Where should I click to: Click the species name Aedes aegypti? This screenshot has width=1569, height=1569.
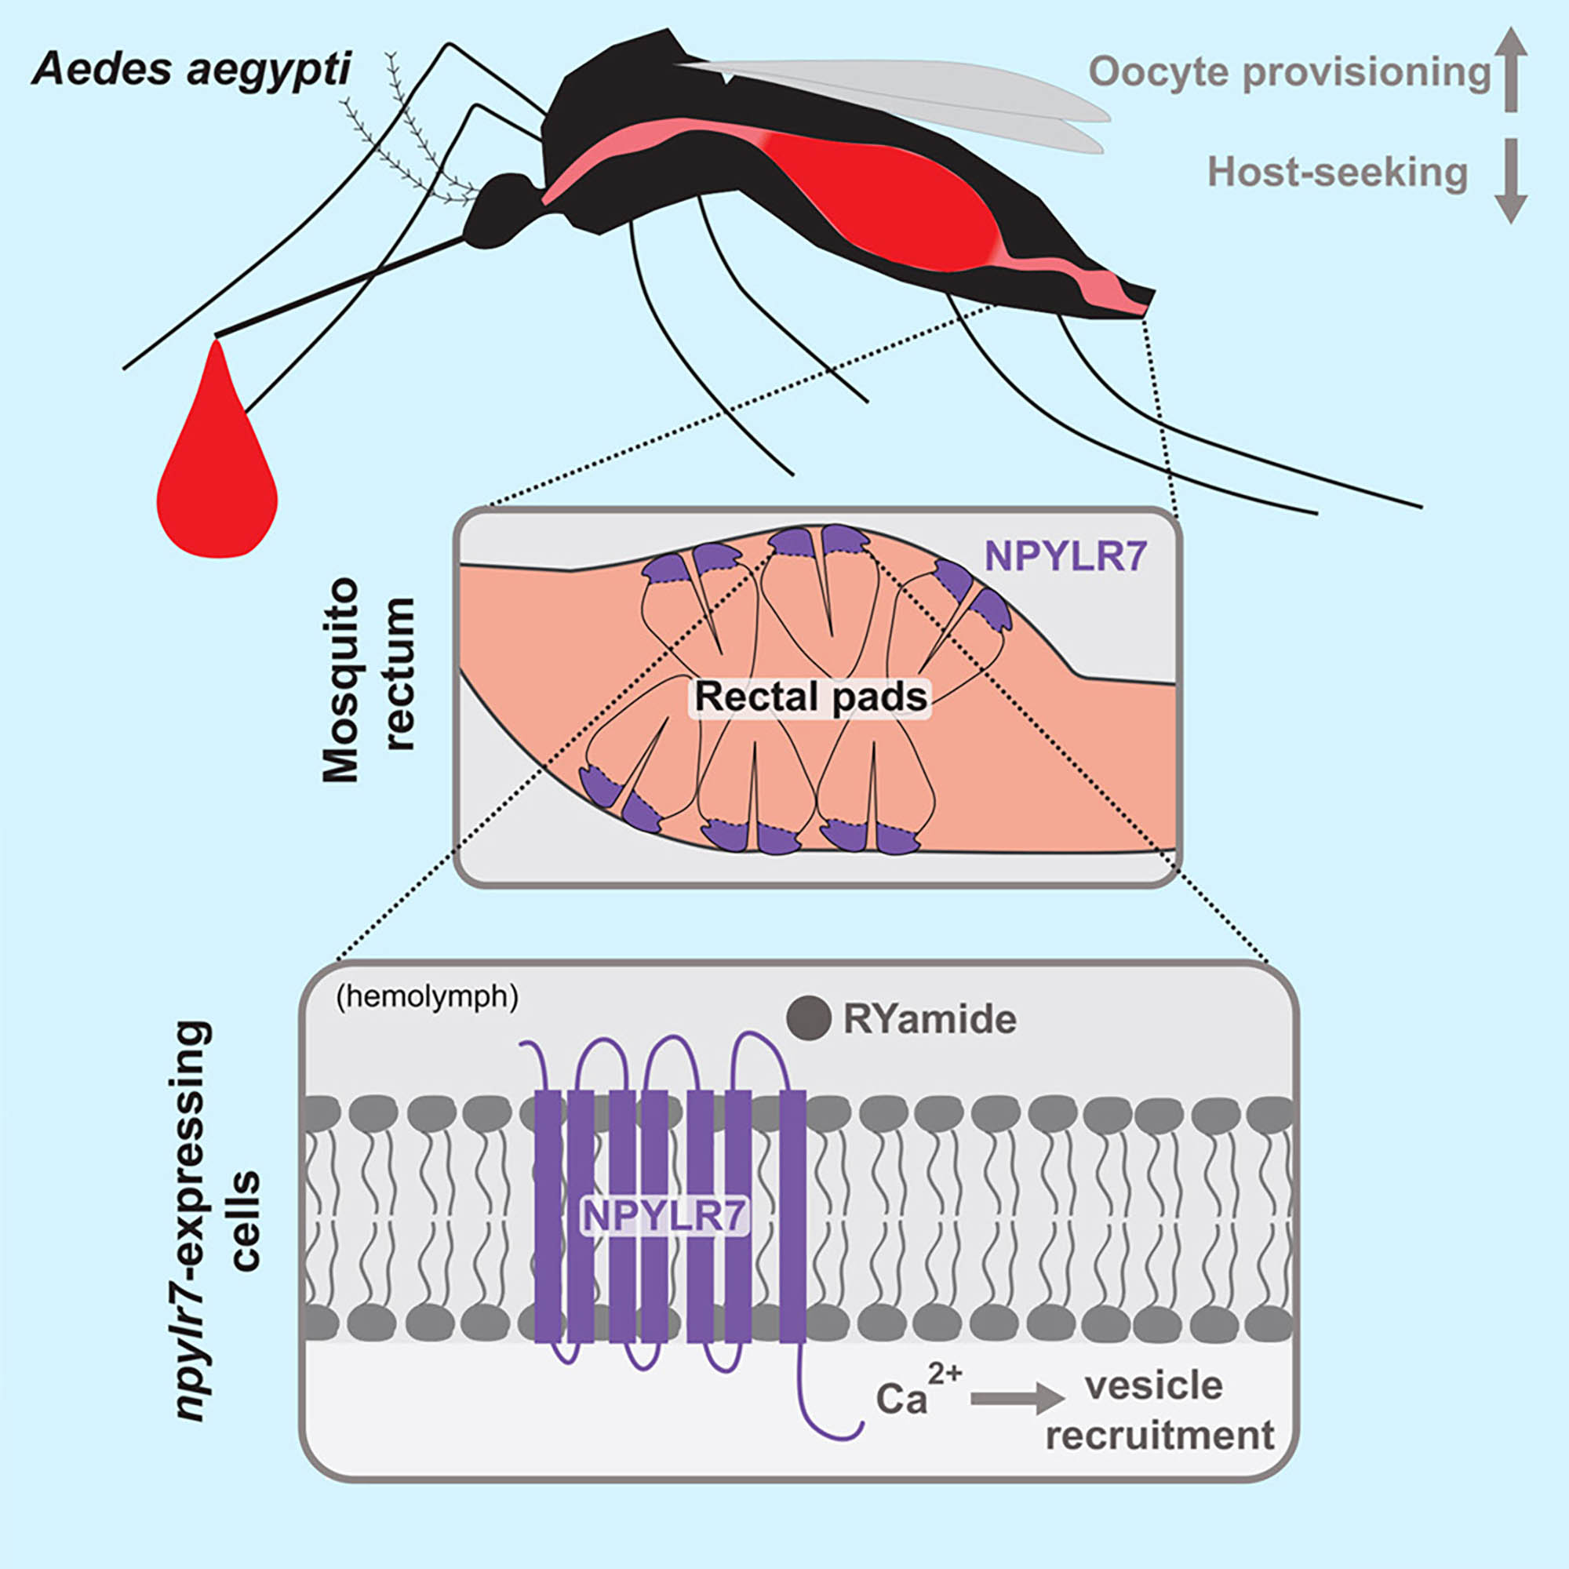[191, 71]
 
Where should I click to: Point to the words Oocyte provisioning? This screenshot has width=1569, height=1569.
[1290, 73]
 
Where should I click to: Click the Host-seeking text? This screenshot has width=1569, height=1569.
[1337, 173]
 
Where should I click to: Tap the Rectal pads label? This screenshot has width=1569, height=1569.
[810, 697]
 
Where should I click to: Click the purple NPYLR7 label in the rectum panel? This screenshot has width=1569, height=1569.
[1065, 557]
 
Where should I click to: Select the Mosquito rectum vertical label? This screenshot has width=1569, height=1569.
[368, 679]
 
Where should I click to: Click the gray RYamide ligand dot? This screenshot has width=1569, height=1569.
[808, 1018]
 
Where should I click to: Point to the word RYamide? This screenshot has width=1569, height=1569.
[930, 1020]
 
